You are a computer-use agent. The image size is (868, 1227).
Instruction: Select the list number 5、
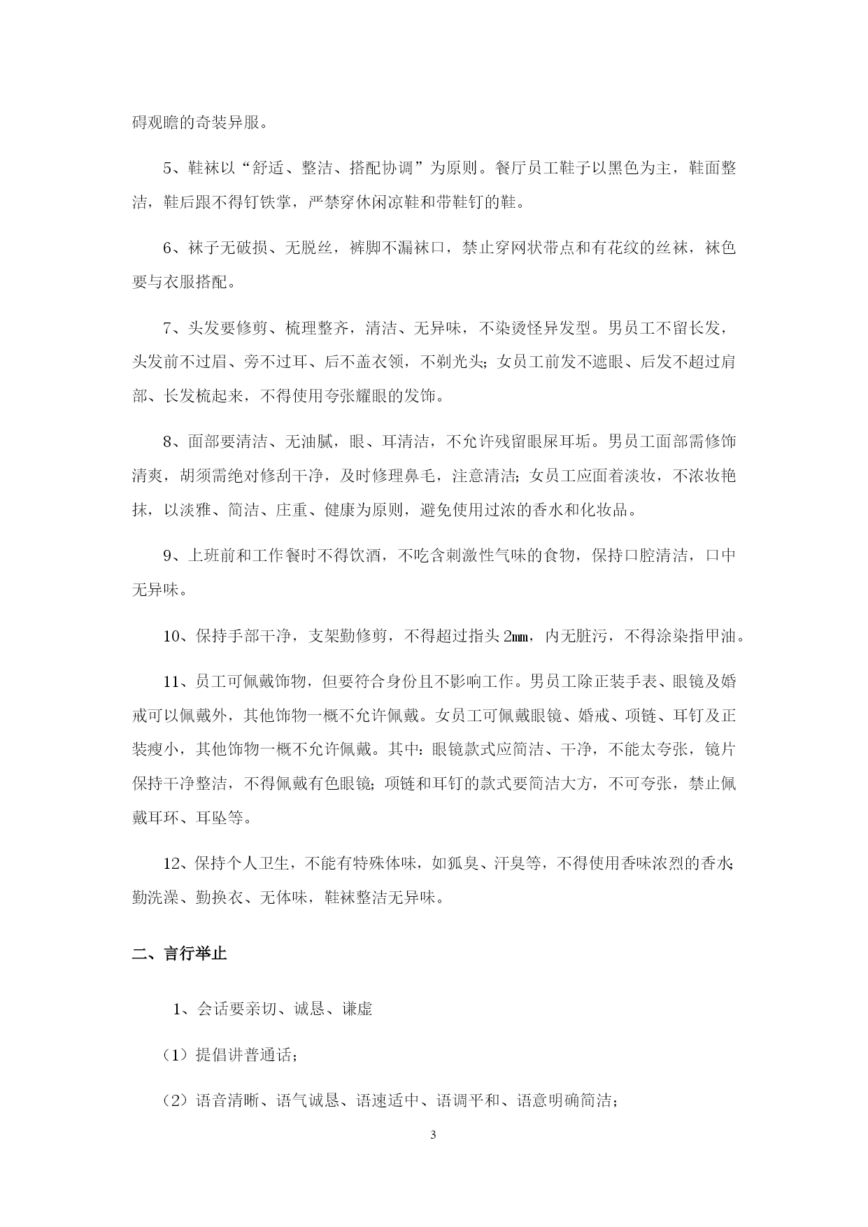(x=172, y=169)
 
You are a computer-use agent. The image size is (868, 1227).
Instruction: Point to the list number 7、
(x=172, y=328)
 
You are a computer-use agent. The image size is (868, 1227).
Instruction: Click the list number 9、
(x=172, y=555)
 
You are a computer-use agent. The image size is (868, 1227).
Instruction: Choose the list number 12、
(x=176, y=863)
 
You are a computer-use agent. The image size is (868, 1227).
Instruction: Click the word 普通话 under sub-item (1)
(x=269, y=1056)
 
